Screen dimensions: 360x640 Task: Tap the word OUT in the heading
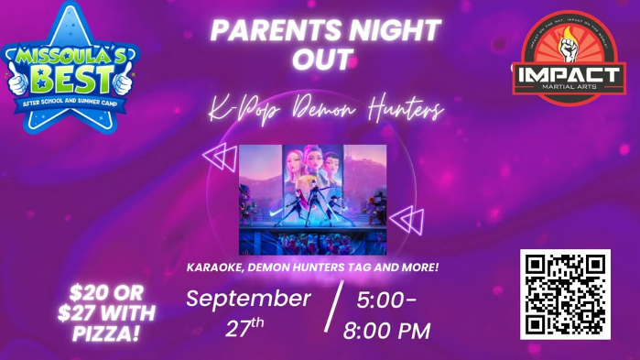pyautogui.click(x=322, y=60)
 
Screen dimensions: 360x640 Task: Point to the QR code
pyautogui.click(x=565, y=294)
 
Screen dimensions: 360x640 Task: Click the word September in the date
pyautogui.click(x=248, y=299)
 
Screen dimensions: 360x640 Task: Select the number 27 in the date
pyautogui.click(x=238, y=329)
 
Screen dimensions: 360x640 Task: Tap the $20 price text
pyautogui.click(x=91, y=293)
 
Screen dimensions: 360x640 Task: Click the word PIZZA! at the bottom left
pyautogui.click(x=105, y=333)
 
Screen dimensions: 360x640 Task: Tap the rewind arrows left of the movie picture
pyautogui.click(x=219, y=158)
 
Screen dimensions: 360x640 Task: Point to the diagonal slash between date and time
pyautogui.click(x=334, y=306)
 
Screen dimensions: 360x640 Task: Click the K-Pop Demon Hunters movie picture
pyautogui.click(x=312, y=199)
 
